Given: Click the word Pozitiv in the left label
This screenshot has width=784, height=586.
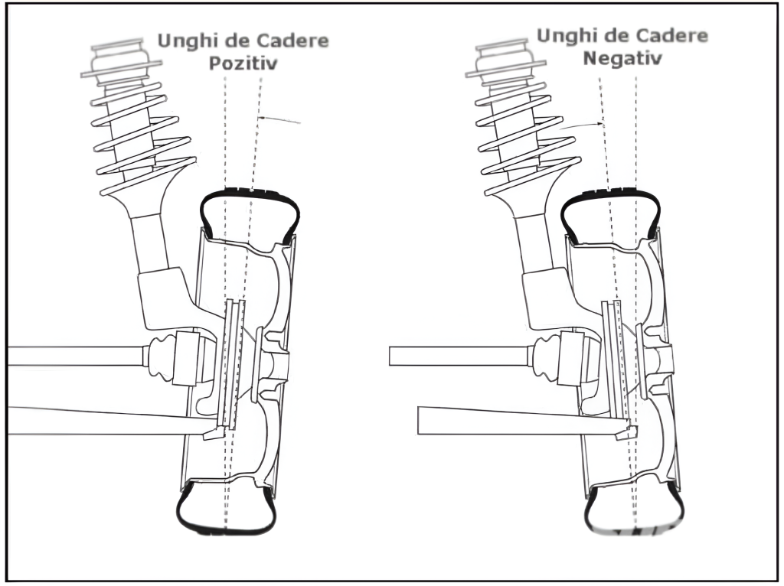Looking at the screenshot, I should (x=243, y=64).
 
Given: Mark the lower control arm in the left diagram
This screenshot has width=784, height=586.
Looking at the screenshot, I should (x=107, y=420).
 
